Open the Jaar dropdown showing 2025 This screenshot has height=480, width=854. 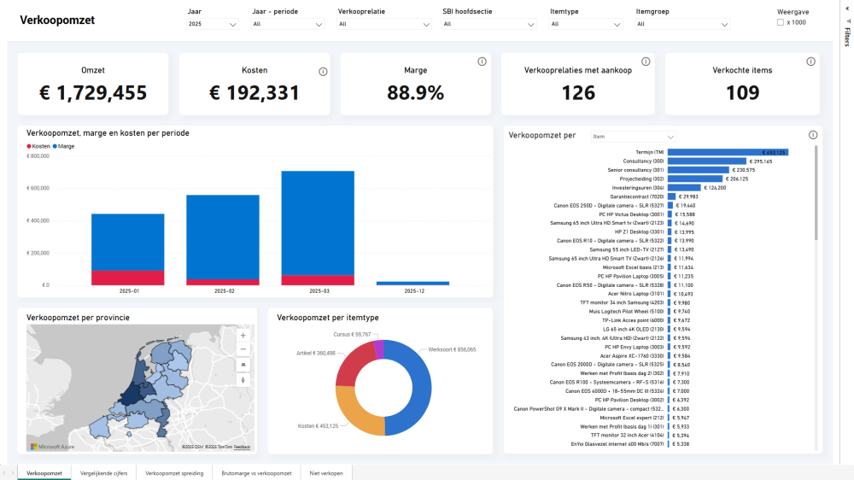point(212,25)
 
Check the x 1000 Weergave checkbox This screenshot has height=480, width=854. point(781,23)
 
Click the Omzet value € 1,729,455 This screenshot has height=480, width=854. point(93,93)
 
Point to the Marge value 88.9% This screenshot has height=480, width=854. point(415,93)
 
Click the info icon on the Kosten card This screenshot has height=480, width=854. point(323,72)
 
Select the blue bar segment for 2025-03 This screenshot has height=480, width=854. point(318,222)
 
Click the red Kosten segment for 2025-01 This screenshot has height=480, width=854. point(127,278)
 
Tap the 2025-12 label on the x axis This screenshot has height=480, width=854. point(413,291)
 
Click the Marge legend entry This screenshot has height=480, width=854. point(65,146)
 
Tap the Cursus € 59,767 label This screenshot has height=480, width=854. point(352,334)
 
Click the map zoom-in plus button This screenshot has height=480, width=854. point(243,336)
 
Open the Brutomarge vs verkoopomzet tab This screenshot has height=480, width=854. point(256,472)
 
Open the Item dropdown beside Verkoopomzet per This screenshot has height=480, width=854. point(633,136)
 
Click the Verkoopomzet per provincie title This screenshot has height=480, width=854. point(78,318)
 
